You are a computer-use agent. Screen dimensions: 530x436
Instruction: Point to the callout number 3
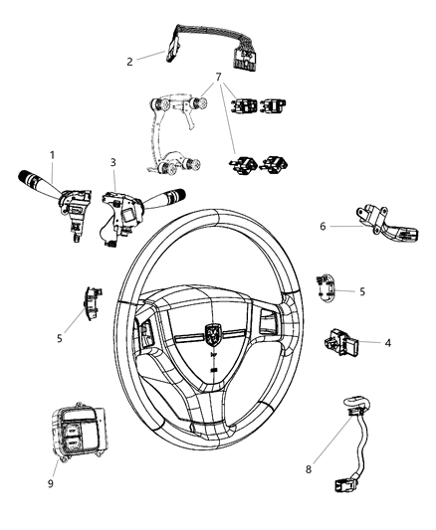(112, 161)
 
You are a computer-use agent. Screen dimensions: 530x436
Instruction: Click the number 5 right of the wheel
(361, 292)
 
